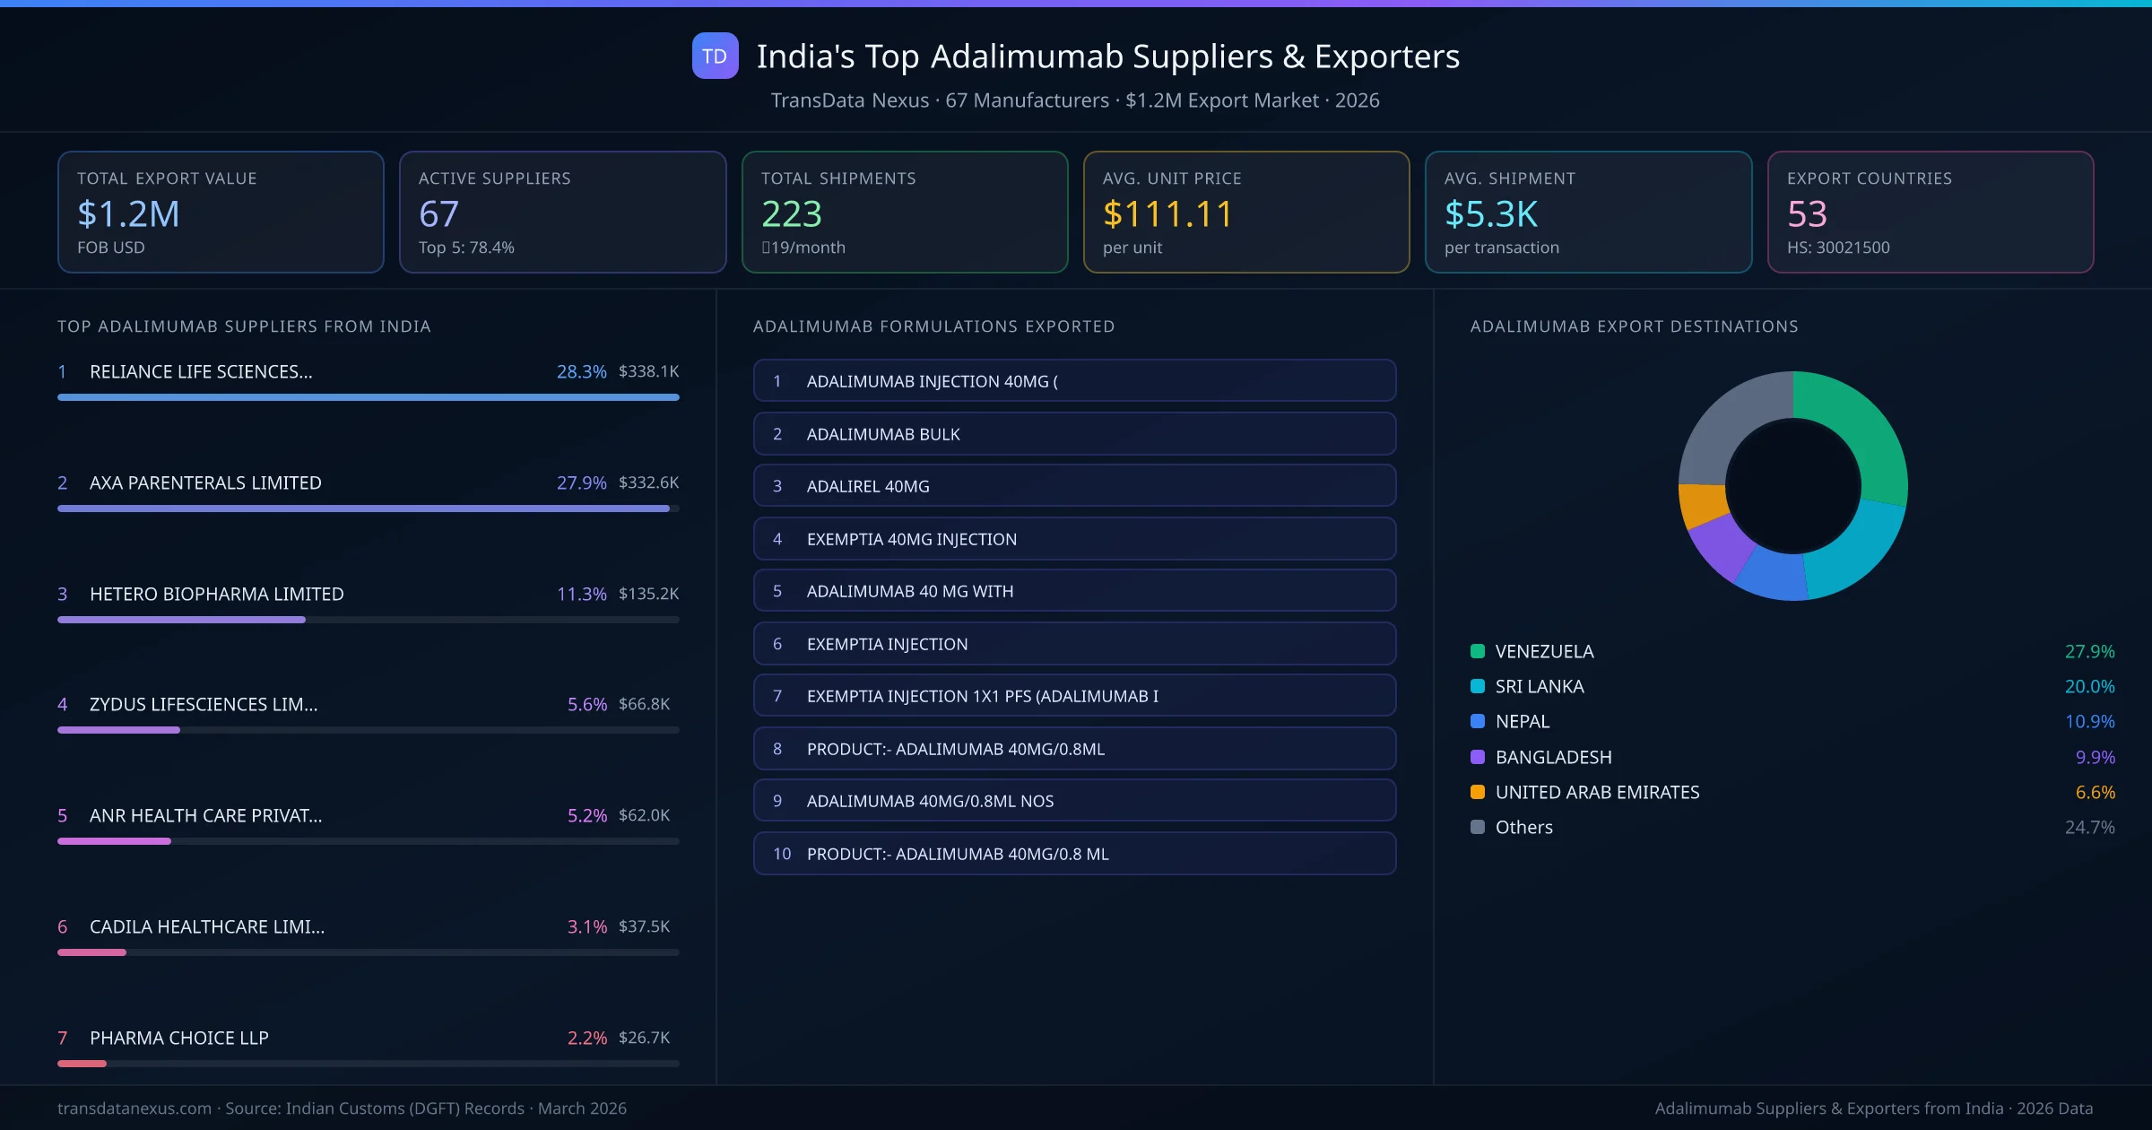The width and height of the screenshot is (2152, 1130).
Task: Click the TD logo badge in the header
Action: [x=715, y=56]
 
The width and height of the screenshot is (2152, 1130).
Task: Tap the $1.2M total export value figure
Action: [x=128, y=214]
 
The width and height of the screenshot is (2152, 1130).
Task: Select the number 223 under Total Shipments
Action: [x=791, y=214]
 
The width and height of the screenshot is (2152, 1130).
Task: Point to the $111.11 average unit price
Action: [x=1167, y=214]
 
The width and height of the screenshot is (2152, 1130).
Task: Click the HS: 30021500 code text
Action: [x=1837, y=248]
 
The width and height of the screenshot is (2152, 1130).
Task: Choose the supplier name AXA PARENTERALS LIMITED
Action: [x=205, y=482]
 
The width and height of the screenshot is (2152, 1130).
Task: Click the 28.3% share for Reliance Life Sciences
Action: [x=581, y=371]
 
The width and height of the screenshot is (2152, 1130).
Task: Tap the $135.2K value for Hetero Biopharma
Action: [x=648, y=594]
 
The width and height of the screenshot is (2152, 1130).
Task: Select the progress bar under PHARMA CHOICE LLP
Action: [x=368, y=1064]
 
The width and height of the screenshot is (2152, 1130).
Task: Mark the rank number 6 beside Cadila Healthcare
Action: [x=63, y=926]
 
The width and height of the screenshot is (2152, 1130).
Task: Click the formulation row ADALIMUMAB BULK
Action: [x=1074, y=434]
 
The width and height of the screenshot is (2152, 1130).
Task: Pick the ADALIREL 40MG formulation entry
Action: [x=1074, y=486]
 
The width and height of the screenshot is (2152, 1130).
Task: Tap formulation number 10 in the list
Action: [x=782, y=854]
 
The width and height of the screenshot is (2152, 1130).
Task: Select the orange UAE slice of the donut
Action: [x=1701, y=504]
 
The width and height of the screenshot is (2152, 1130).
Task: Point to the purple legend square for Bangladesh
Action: [x=1478, y=757]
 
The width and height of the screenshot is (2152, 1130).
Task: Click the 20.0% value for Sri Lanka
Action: [x=2089, y=686]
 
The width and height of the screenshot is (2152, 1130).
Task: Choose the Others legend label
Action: [x=1523, y=827]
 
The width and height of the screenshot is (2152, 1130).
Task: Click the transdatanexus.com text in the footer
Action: [x=134, y=1108]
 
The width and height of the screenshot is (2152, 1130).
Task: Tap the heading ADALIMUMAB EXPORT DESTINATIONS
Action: [x=1634, y=326]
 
